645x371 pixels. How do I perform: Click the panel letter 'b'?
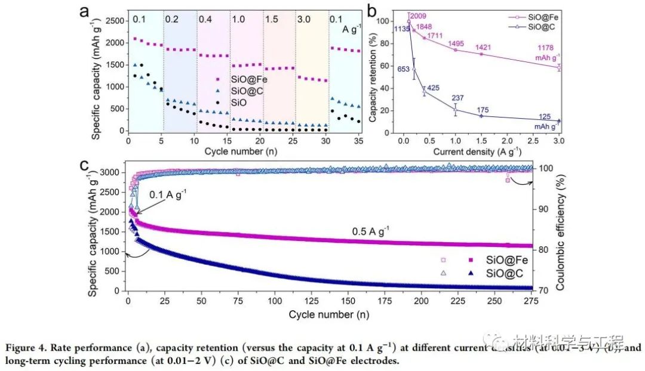[x=370, y=10]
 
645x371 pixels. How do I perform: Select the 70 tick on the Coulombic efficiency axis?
[x=545, y=290]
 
